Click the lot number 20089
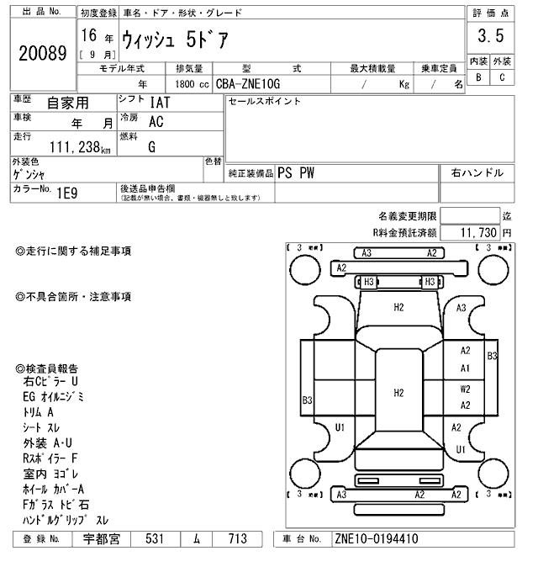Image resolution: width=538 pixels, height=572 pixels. [42, 53]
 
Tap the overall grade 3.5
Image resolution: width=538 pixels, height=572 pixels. [490, 36]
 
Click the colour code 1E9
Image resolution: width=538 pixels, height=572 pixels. [66, 192]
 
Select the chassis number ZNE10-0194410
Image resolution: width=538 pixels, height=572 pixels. [376, 539]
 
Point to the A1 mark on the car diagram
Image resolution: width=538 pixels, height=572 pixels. [465, 368]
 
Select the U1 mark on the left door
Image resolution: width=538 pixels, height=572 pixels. [340, 427]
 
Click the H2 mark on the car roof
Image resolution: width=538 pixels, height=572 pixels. [398, 392]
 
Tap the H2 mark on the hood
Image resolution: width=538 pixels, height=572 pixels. [398, 307]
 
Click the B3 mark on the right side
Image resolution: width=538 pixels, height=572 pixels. [493, 356]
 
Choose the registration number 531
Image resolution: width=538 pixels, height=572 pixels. [153, 539]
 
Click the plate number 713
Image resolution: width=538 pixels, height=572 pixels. [239, 539]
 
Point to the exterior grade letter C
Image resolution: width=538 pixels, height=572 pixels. [502, 77]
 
